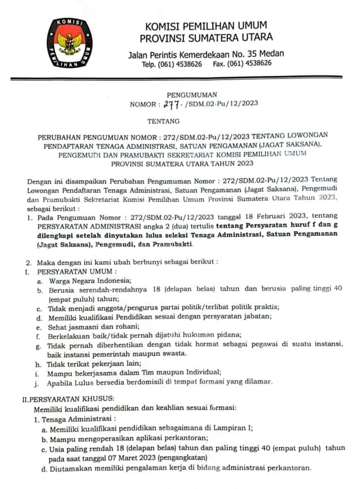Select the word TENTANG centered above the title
pos(164,121)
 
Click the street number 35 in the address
pos(253,54)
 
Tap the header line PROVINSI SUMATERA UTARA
pos(207,38)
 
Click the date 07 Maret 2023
pos(146,459)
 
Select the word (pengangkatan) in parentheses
pos(208,459)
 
